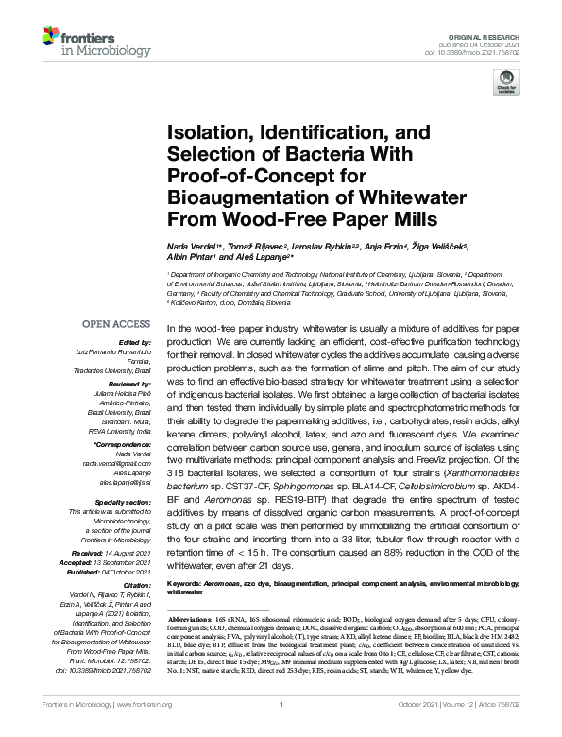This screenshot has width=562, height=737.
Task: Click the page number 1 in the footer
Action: (x=281, y=730)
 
